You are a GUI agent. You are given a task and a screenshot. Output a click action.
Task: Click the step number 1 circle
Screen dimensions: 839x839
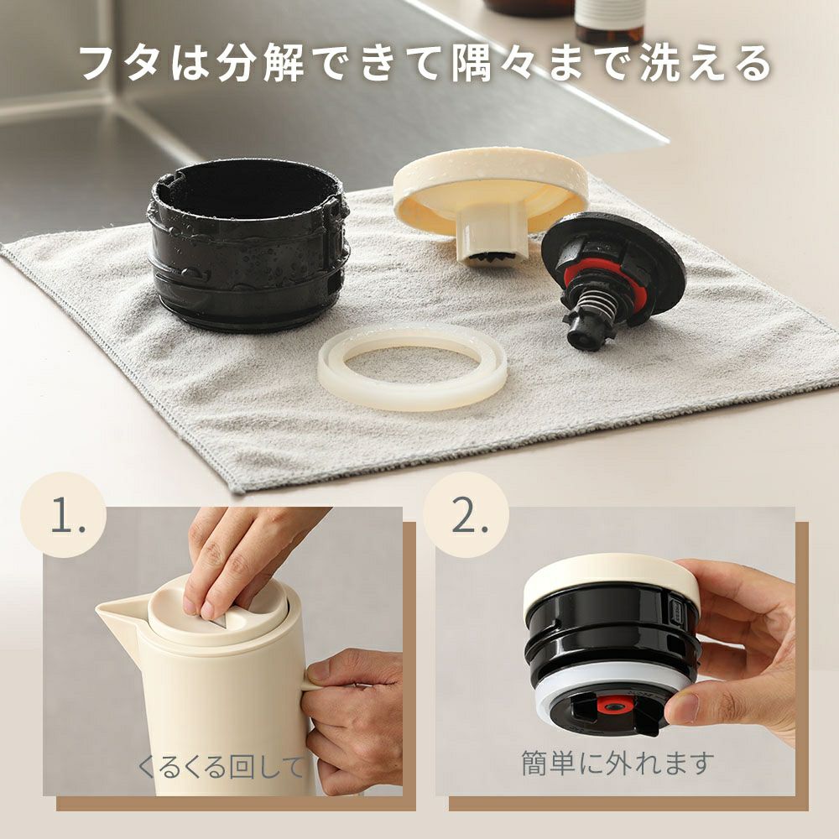[x=64, y=515]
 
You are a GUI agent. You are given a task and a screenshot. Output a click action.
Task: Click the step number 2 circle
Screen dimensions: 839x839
[x=466, y=515]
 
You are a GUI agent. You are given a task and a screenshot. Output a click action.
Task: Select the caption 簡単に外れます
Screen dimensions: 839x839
[x=618, y=763]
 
